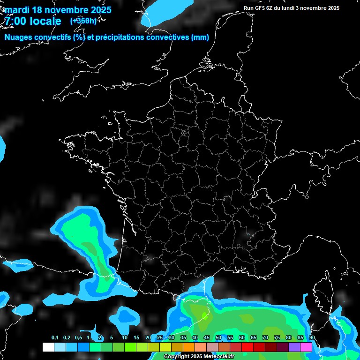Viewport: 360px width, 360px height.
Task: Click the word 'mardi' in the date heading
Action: click(17, 10)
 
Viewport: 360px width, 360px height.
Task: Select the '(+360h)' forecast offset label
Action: click(83, 21)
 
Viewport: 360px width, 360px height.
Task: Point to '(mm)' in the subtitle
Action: click(200, 37)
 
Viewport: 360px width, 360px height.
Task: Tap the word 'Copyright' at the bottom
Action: click(176, 357)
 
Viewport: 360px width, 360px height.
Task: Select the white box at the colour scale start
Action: click(48, 347)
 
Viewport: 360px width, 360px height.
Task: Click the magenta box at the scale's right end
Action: click(306, 347)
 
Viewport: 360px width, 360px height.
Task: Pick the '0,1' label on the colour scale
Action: click(55, 338)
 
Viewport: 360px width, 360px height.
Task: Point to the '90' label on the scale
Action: click(312, 338)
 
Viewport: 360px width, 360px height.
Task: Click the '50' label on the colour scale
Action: click(218, 338)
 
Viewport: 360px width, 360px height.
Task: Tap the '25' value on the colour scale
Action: click(160, 338)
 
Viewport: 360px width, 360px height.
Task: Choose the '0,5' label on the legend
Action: click(78, 338)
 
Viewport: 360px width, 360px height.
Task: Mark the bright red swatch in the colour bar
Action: click(247, 347)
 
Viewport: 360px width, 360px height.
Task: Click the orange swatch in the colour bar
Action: click(189, 347)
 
